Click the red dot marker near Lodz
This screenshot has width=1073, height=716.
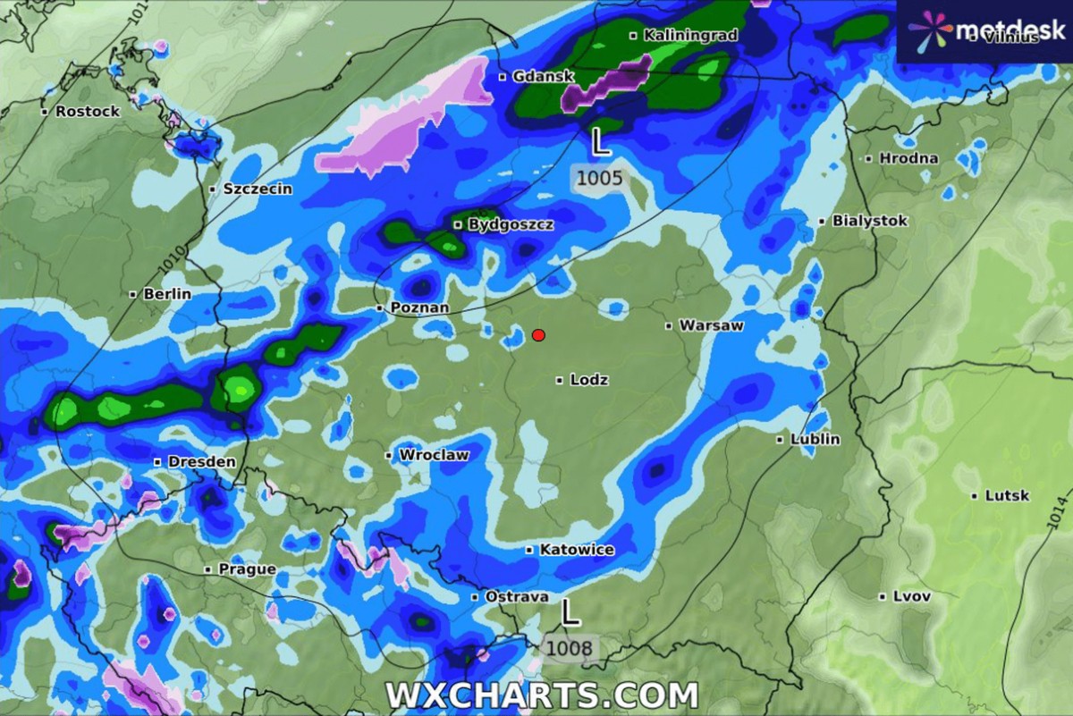click(538, 335)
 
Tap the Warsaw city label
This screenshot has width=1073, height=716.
click(711, 325)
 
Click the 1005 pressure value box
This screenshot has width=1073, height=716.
click(599, 178)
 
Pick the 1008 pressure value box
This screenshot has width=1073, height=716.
click(569, 647)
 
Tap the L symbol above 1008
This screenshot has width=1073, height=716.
click(570, 612)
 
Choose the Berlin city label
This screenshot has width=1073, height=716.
click(167, 293)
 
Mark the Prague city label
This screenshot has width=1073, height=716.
click(247, 569)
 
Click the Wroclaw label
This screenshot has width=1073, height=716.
click(434, 455)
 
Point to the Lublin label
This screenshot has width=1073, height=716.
click(815, 439)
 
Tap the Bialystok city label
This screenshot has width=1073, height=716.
click(869, 220)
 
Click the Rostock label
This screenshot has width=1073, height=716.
click(87, 112)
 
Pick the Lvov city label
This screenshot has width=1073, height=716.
click(911, 596)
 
